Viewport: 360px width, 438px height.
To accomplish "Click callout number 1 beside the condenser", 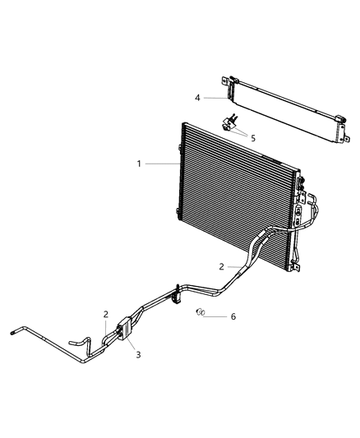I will pos(141,164).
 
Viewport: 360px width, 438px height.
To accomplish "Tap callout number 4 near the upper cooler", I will pos(197,98).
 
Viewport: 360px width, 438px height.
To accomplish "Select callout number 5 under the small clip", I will pos(252,138).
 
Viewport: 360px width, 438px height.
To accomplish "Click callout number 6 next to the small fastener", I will pos(233,316).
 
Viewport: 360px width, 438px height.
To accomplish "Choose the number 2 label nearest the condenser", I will pos(222,266).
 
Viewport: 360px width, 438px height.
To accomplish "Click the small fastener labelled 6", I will pos(200,313).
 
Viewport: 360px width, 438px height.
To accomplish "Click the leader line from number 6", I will pos(216,316).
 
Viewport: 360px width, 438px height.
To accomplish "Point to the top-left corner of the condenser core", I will pos(183,126).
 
